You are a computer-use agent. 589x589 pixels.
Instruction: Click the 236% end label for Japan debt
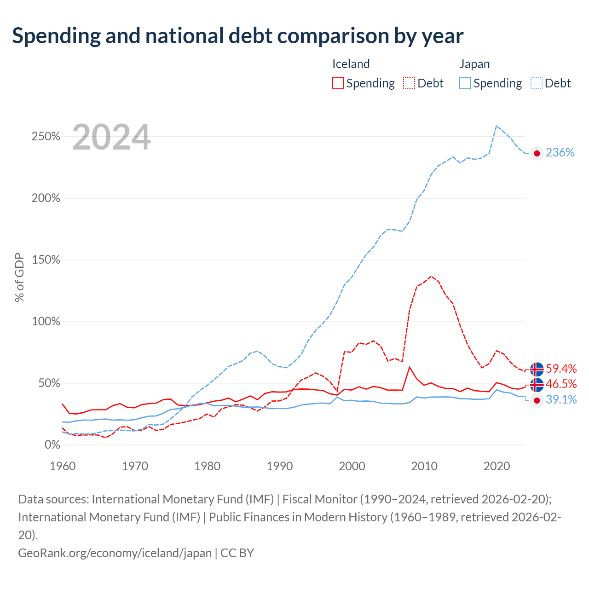click(560, 152)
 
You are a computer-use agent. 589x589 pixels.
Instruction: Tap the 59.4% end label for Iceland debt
click(561, 368)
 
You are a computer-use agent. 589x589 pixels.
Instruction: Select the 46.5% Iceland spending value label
click(561, 384)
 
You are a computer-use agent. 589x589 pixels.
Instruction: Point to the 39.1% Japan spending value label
click(561, 399)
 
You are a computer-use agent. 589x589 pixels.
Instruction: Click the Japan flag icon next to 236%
click(537, 153)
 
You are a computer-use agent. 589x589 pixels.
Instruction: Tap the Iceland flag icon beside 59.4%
click(537, 369)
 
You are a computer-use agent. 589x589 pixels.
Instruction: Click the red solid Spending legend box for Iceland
click(338, 83)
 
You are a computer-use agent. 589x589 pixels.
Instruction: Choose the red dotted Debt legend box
click(409, 83)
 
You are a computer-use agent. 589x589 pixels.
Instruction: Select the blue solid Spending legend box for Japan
click(465, 83)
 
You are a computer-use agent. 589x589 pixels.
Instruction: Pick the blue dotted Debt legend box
click(536, 83)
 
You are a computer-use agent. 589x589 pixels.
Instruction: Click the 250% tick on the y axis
click(46, 136)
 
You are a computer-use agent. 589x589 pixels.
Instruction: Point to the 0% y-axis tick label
click(52, 445)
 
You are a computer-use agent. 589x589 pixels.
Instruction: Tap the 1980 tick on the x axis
click(207, 466)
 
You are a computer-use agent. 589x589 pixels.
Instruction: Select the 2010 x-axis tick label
click(424, 466)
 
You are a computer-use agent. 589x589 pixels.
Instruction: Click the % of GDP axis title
click(19, 277)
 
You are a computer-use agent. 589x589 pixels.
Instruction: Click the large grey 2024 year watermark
click(111, 137)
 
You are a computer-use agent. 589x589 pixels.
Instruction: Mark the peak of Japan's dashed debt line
click(497, 126)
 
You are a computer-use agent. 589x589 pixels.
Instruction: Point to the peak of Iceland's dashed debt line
click(431, 276)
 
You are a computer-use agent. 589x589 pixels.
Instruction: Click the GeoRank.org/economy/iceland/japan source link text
click(115, 553)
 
